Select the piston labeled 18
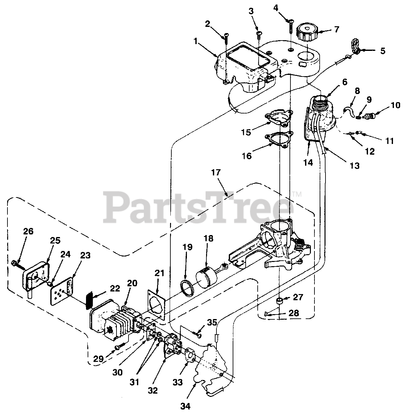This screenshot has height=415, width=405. coord(207,274)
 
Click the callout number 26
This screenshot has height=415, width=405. coord(28,231)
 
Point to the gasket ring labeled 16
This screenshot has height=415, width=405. coord(278,140)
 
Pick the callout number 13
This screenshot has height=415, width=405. coord(355,166)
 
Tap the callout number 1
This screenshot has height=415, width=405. coord(195,41)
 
